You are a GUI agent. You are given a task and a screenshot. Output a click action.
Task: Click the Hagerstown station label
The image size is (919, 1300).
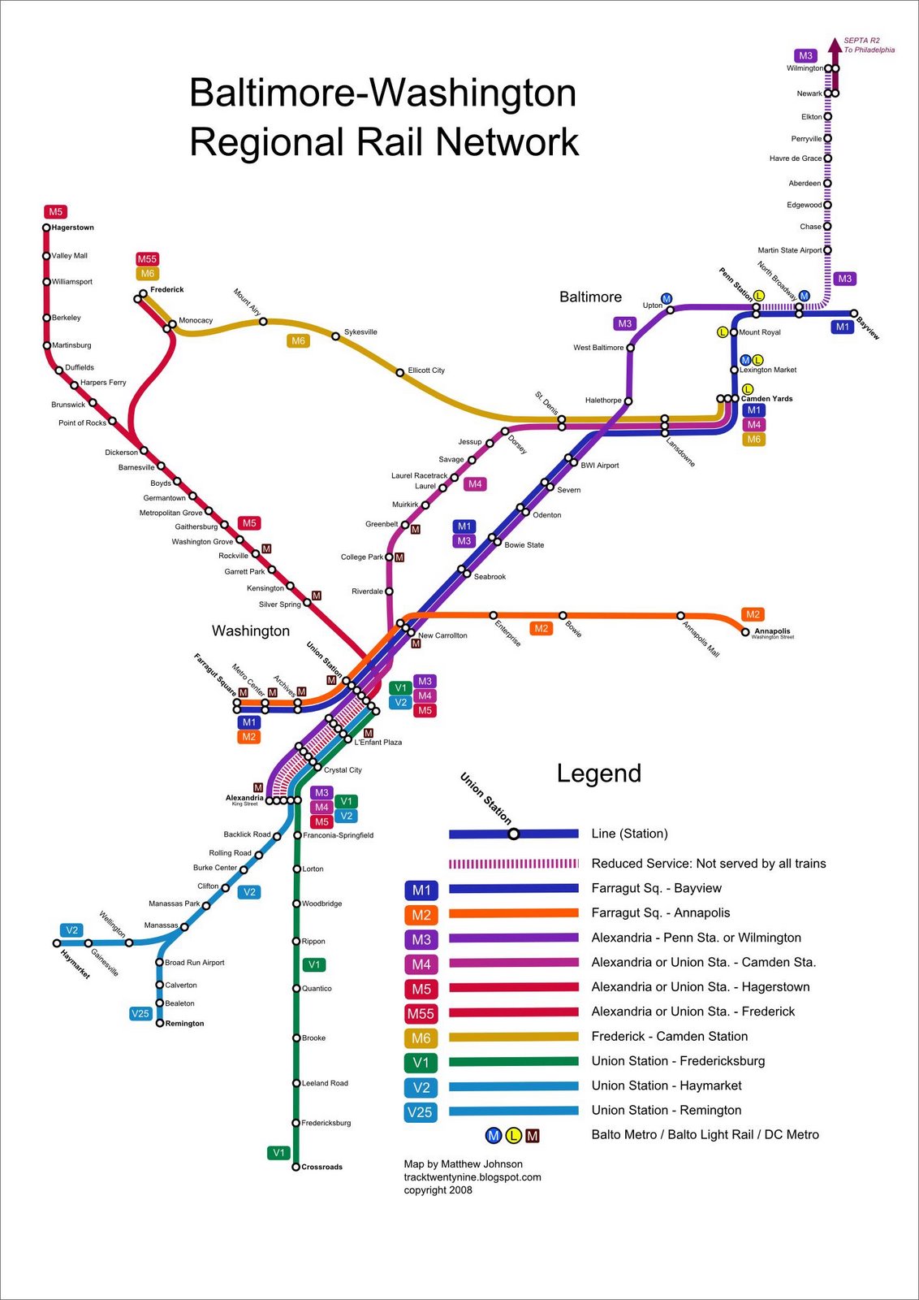pos(72,227)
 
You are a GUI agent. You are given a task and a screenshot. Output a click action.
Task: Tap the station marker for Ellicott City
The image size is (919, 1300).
pos(399,373)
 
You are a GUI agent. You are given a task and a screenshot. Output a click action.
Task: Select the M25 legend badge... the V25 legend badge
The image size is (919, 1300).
pos(420,1112)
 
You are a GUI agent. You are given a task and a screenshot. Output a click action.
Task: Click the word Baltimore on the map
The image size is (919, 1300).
pos(590,297)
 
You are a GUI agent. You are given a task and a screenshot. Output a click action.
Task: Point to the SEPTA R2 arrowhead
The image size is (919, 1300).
pos(834,44)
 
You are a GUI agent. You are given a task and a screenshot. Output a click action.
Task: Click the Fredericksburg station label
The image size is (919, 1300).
pos(326,1123)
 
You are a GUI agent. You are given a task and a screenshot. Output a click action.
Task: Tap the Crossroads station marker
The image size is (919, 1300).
pos(296,1167)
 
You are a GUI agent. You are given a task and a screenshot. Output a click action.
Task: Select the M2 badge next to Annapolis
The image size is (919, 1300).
pos(753,614)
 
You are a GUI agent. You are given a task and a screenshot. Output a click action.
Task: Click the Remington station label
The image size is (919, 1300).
pos(184,1024)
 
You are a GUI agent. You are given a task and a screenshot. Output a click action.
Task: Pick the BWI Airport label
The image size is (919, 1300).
pos(599,466)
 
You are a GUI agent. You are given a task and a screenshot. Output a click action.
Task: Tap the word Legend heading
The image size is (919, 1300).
pos(598,773)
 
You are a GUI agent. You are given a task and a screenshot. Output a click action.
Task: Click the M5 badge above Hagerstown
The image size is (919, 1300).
pos(55,212)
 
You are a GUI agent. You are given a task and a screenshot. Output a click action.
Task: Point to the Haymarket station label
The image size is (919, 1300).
pos(75,964)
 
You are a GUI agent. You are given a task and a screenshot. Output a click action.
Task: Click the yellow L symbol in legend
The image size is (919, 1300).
pos(512,1136)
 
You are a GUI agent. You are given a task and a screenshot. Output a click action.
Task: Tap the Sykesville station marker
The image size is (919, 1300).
pos(335,336)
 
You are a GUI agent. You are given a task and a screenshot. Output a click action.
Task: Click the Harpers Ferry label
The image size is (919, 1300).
pos(103,383)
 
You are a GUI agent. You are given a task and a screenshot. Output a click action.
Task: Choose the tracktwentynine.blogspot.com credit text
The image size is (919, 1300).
pos(472,1177)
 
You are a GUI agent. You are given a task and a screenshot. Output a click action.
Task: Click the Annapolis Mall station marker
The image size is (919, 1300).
pos(680,616)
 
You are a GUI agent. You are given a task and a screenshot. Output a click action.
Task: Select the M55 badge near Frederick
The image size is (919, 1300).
pos(147,259)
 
